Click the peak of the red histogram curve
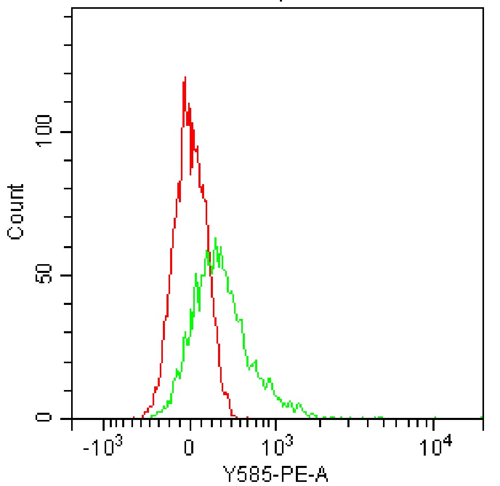click(x=185, y=77)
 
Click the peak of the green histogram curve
click(x=215, y=238)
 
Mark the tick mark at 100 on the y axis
click(x=67, y=132)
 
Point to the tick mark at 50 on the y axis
click(x=67, y=275)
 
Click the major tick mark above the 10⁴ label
click(x=434, y=424)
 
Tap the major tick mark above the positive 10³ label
click(x=276, y=424)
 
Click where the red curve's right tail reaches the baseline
click(x=235, y=417)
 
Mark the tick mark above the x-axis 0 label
click(x=190, y=424)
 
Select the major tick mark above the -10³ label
click(x=103, y=424)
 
